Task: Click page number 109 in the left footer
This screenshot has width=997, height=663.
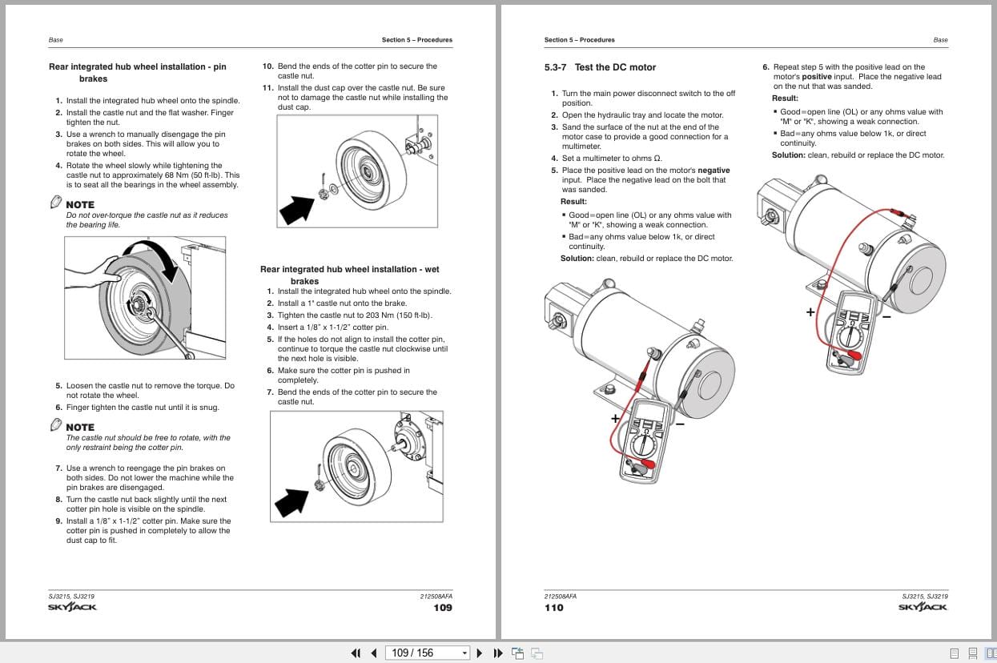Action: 442,608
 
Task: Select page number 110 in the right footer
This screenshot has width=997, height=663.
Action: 553,608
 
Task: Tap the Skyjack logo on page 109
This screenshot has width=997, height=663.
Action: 72,607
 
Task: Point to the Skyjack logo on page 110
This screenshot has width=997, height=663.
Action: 923,607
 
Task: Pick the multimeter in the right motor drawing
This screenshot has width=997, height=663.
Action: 850,330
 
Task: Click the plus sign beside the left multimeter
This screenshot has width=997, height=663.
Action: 615,418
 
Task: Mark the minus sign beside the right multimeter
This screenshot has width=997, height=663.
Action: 886,316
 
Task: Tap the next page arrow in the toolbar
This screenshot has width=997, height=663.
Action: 480,653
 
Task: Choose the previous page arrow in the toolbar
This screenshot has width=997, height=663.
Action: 373,653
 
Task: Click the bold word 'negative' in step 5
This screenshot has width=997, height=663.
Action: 714,171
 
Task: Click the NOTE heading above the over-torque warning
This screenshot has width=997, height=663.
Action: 80,205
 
